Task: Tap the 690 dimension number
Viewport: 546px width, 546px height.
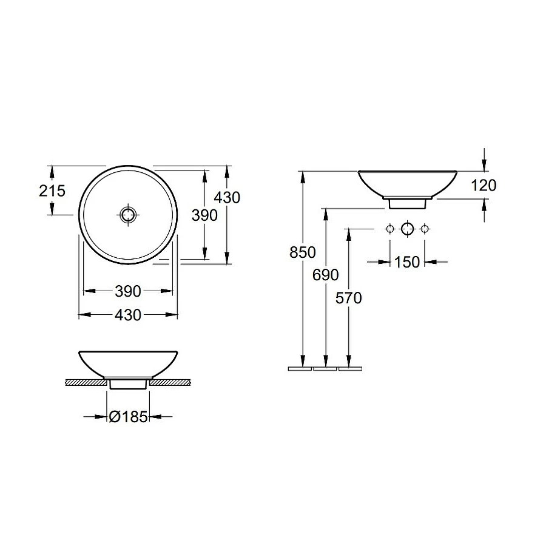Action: point(326,275)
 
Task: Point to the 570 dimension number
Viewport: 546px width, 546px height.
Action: point(349,298)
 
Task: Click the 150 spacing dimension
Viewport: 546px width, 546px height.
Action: point(407,262)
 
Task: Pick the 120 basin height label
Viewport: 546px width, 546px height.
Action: point(484,185)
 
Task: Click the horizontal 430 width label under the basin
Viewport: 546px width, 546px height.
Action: point(128,315)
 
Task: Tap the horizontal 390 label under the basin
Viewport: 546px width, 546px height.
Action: point(128,292)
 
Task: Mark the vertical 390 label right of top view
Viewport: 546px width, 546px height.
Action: point(204,214)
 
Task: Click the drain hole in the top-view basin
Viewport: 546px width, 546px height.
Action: point(129,214)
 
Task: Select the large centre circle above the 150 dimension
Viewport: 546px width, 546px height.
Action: point(407,229)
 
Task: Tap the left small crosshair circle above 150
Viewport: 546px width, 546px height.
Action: point(389,229)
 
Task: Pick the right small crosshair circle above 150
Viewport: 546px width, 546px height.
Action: point(425,229)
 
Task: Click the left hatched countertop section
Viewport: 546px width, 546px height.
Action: point(87,383)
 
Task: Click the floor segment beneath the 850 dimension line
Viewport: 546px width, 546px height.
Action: point(299,368)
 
